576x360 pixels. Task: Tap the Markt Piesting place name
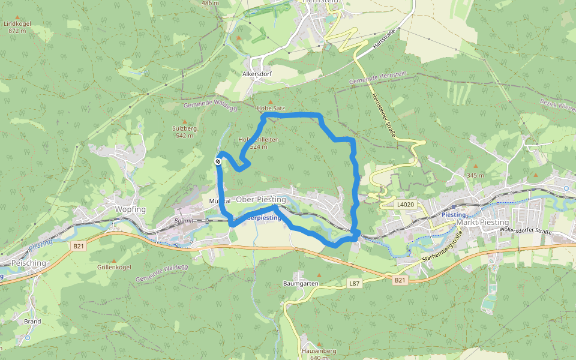[x=482, y=222]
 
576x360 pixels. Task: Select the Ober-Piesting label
[x=261, y=199]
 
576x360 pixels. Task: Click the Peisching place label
[x=28, y=263]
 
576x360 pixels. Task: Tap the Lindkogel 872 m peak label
[x=17, y=27]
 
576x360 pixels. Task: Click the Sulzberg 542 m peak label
[x=184, y=131]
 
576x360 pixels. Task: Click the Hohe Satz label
[x=270, y=109]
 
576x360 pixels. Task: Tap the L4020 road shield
[x=406, y=205]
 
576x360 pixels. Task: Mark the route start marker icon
[x=218, y=161]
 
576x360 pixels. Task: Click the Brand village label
[x=32, y=322]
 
